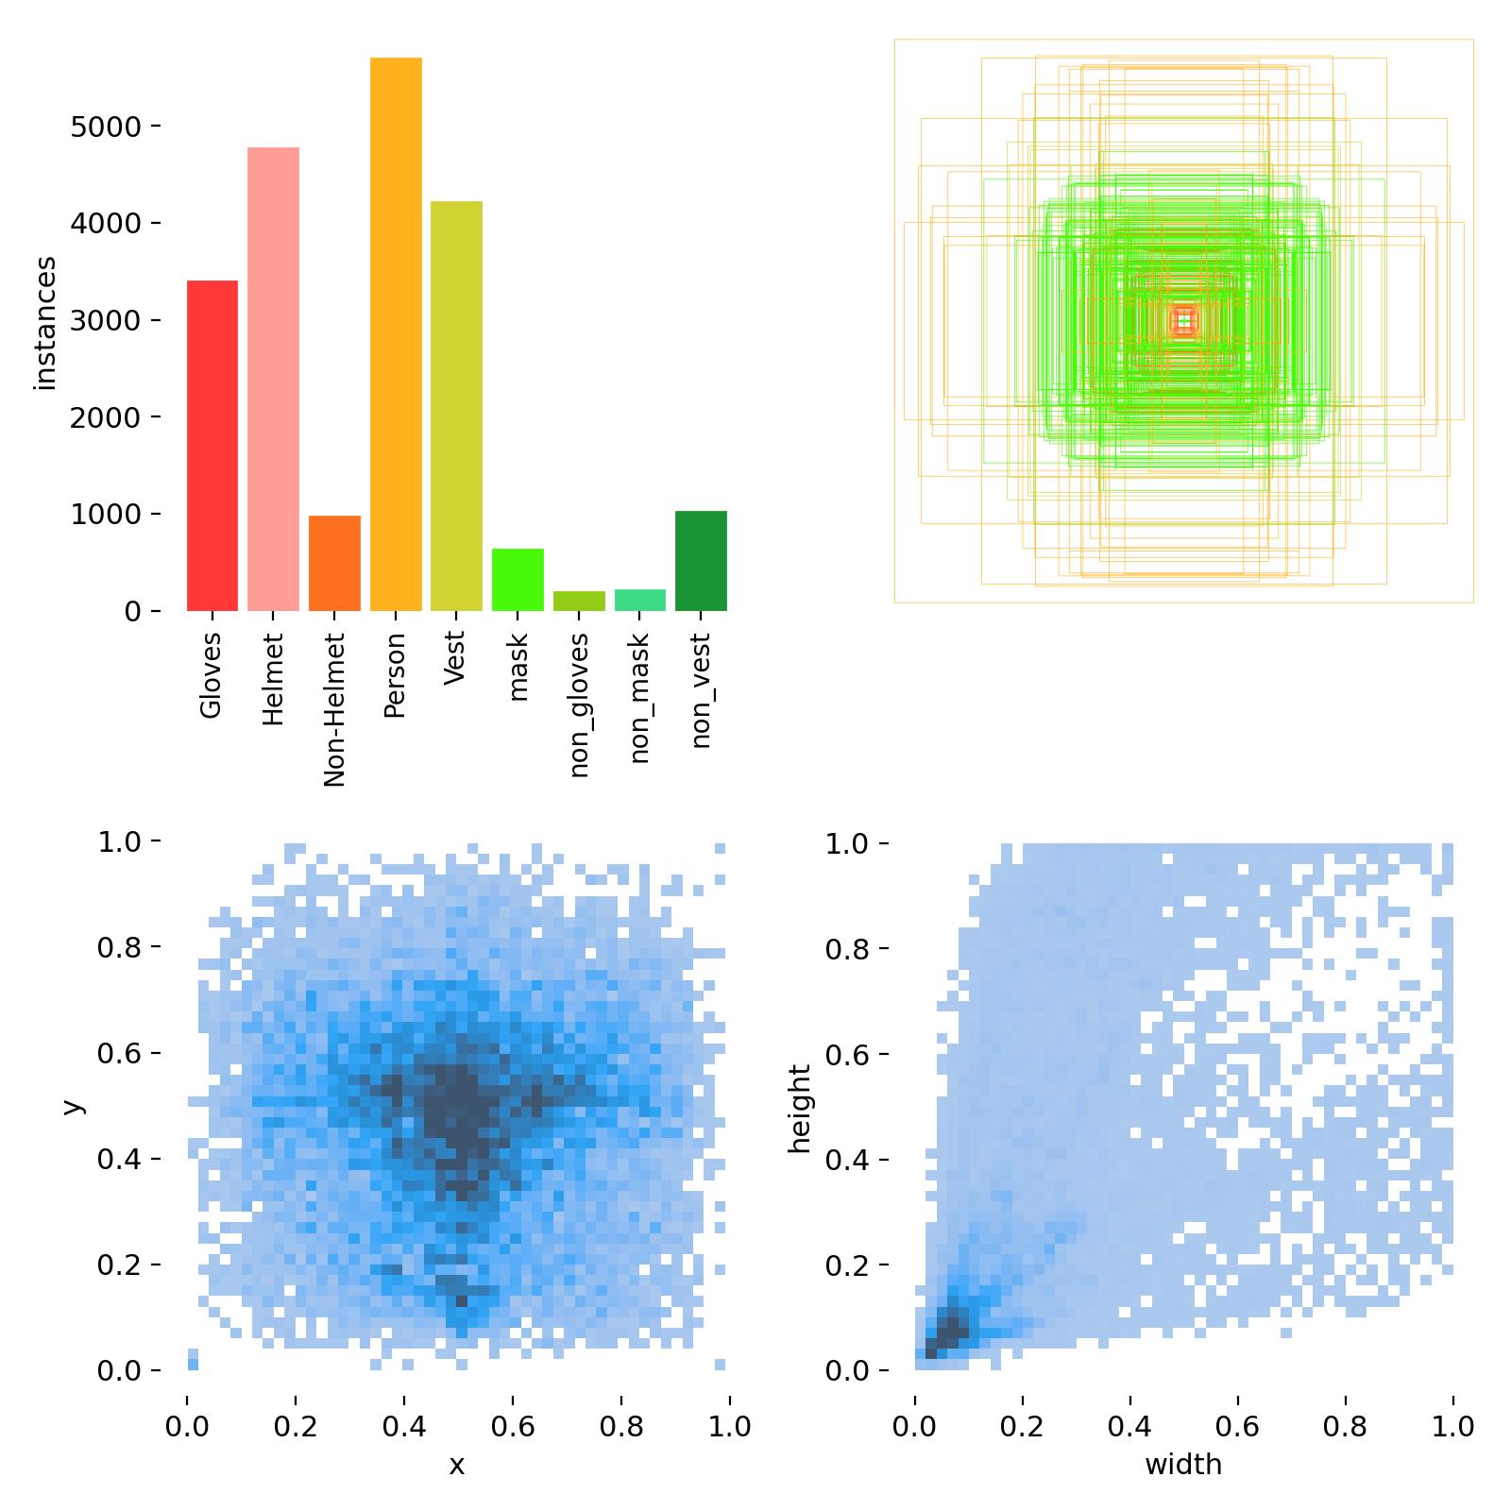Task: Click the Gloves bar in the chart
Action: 212,446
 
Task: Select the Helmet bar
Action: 273,379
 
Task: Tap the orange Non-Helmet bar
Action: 334,563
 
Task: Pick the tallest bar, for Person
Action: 396,334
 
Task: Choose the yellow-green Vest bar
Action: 456,406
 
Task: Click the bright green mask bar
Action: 518,580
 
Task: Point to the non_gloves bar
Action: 579,601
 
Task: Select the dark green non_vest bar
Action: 701,561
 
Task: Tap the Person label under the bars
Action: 396,674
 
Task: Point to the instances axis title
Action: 45,323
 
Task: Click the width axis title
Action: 1183,1465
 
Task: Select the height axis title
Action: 800,1108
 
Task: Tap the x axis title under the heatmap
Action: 457,1465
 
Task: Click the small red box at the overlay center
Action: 1183,322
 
